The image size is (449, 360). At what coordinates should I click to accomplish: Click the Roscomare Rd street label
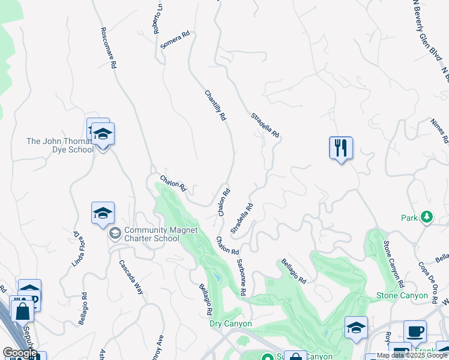[x=109, y=47]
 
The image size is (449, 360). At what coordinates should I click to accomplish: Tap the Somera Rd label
[x=175, y=40]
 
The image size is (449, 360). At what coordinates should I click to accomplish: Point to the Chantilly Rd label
[x=215, y=105]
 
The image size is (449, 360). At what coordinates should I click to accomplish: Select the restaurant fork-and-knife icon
[x=340, y=147]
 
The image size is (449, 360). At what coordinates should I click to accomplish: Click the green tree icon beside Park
[x=427, y=217]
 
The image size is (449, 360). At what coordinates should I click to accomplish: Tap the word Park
[x=410, y=218]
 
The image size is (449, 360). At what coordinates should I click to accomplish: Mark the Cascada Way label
[x=131, y=277]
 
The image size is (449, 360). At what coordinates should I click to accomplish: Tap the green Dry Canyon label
[x=231, y=324]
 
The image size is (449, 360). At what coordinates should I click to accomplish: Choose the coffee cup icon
[x=414, y=331]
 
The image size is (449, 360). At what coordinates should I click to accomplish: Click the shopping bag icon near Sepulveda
[x=22, y=311]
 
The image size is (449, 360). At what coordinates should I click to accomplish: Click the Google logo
[x=20, y=353]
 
